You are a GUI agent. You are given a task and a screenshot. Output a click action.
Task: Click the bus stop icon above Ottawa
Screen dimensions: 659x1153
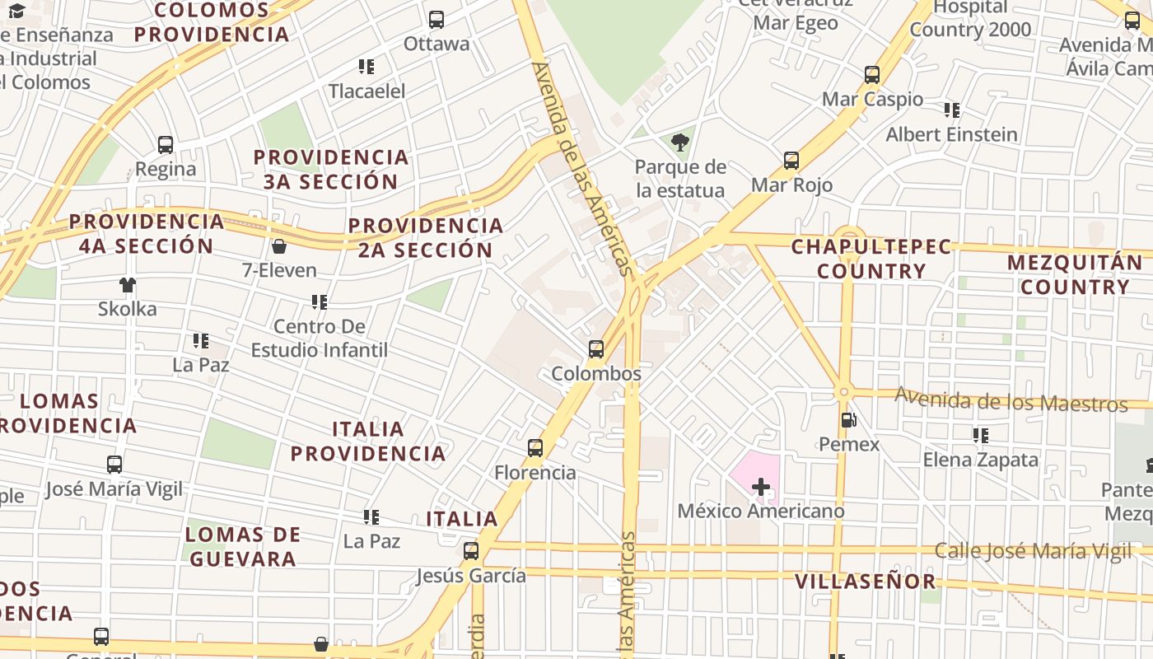[436, 20]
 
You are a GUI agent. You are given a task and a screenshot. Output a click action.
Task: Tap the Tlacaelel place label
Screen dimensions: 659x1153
[367, 91]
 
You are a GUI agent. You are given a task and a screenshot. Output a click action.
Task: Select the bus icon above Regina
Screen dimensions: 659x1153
[166, 145]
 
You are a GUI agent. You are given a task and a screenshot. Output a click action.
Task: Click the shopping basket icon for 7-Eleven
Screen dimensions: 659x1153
[279, 246]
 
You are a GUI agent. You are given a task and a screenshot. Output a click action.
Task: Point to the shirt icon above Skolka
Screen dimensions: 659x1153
[127, 285]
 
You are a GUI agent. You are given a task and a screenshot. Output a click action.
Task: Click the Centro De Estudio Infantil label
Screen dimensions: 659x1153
[319, 339]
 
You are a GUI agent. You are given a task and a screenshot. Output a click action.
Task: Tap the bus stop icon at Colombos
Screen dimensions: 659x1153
[596, 349]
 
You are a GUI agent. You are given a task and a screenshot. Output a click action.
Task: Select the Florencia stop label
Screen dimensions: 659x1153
[535, 473]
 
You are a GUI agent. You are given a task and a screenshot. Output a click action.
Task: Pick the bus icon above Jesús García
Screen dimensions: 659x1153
[471, 551]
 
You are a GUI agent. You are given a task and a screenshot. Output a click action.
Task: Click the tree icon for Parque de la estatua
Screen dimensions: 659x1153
[680, 143]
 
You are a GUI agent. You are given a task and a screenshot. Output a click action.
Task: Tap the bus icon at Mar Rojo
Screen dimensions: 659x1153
[791, 161]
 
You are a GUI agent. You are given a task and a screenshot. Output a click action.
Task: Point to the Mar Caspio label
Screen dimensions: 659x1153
[872, 100]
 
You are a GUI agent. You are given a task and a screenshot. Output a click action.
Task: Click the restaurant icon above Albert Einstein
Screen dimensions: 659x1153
[952, 110]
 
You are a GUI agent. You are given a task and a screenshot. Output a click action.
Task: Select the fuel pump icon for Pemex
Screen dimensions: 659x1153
[848, 421]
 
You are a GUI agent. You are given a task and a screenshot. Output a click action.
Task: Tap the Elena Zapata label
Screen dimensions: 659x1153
[981, 460]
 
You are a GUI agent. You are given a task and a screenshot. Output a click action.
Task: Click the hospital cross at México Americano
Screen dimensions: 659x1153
[761, 487]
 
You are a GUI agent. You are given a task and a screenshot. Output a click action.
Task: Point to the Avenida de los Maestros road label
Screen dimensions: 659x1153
[1011, 401]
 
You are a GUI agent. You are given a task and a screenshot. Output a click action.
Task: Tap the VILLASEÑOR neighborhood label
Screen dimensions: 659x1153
[866, 582]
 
